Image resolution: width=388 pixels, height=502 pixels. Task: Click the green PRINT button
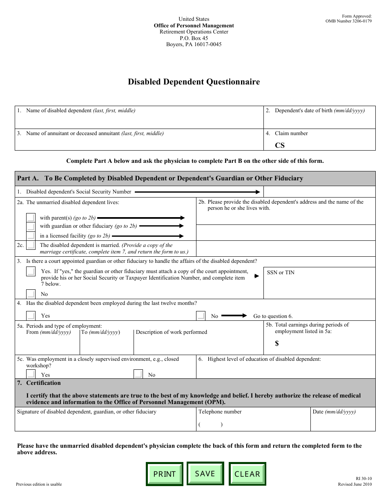(164, 474)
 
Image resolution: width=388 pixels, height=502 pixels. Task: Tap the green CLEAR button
(247, 474)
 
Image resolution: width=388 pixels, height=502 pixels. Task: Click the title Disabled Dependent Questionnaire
(194, 82)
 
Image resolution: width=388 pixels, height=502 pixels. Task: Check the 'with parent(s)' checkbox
(31, 218)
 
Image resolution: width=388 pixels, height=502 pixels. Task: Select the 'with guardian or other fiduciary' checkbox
(31, 227)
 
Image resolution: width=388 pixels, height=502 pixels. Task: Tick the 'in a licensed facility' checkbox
(31, 235)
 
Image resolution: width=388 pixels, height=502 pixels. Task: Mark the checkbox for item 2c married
(31, 245)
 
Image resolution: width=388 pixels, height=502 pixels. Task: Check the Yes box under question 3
(31, 271)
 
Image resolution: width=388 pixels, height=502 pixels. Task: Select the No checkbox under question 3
(31, 294)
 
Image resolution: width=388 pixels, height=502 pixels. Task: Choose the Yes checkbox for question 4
(31, 315)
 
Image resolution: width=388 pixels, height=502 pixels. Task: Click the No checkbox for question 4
(201, 315)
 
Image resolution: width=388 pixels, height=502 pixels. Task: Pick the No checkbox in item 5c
(138, 374)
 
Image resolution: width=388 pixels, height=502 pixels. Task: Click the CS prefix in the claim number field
(280, 145)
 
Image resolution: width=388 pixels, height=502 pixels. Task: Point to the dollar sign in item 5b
(277, 344)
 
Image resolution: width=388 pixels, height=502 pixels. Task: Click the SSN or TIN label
(281, 273)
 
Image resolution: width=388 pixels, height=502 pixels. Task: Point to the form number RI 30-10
(363, 478)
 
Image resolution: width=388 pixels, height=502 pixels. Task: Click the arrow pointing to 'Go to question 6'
(234, 315)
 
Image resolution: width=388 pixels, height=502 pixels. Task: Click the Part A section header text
(160, 178)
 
